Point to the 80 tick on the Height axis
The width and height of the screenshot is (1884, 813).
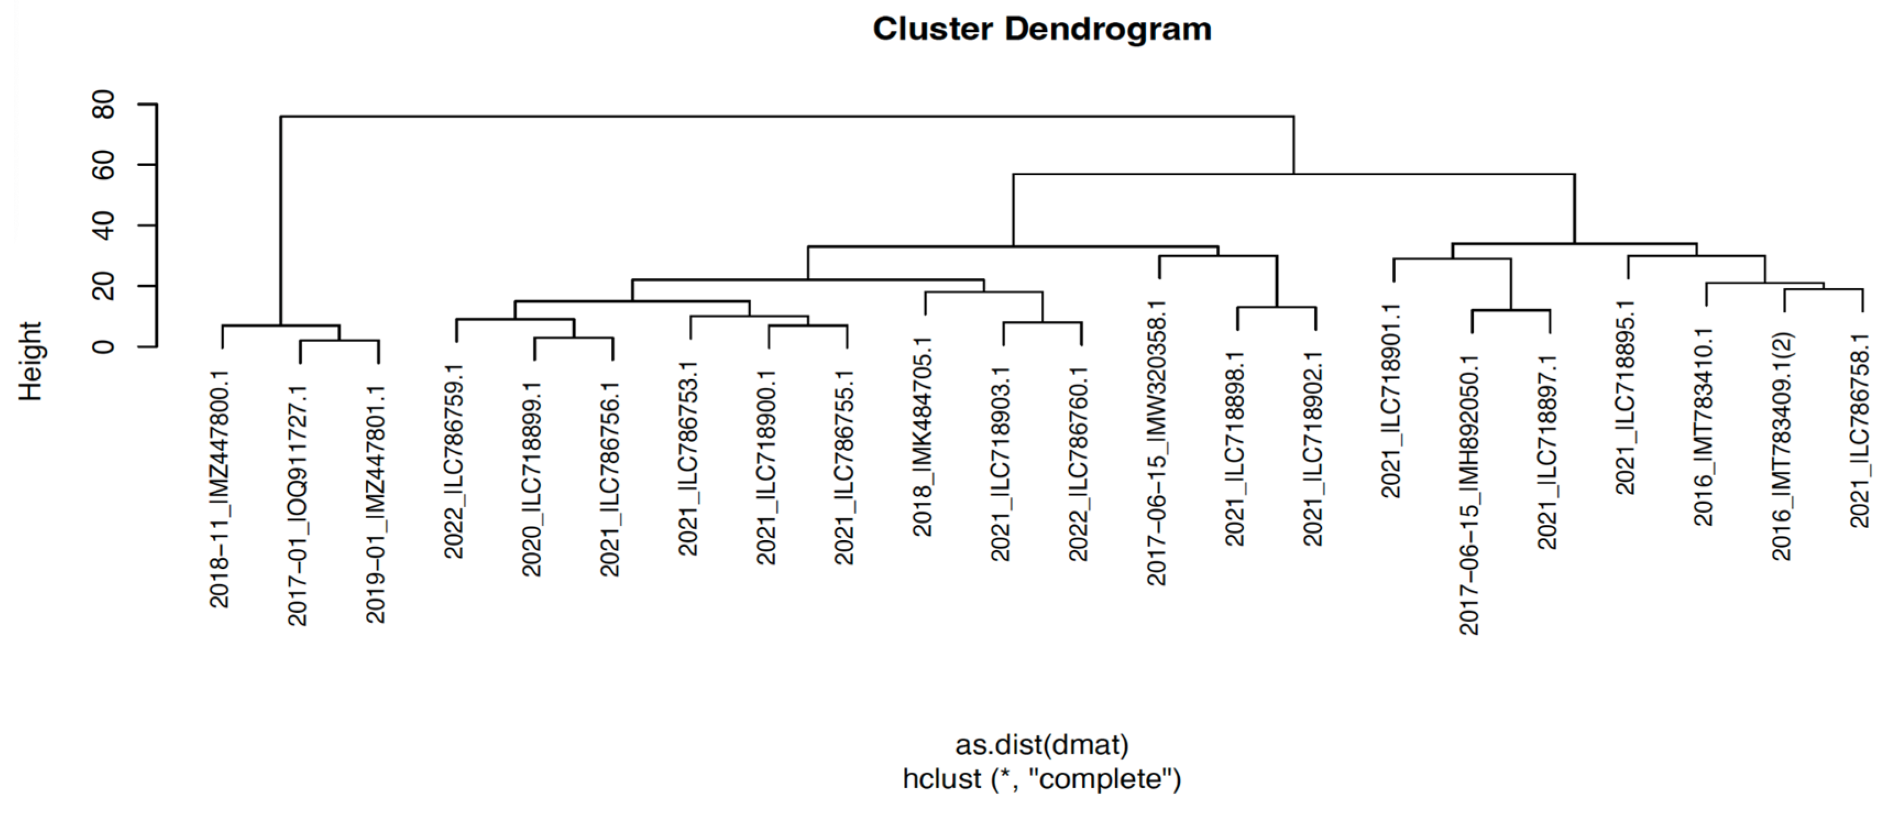[105, 105]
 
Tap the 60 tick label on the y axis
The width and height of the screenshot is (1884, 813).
[105, 165]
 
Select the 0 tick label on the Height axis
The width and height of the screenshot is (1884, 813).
[105, 346]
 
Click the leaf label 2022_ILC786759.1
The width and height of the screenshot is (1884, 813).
[455, 468]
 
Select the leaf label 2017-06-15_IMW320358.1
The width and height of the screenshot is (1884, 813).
[1157, 442]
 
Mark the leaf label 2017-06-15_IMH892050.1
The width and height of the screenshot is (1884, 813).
[1469, 495]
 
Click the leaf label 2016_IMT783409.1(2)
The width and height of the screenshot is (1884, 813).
[1782, 446]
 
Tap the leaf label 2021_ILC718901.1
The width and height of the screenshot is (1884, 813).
[1391, 400]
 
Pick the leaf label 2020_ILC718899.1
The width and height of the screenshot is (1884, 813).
[532, 479]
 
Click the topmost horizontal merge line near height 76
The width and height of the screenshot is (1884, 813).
[786, 116]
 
